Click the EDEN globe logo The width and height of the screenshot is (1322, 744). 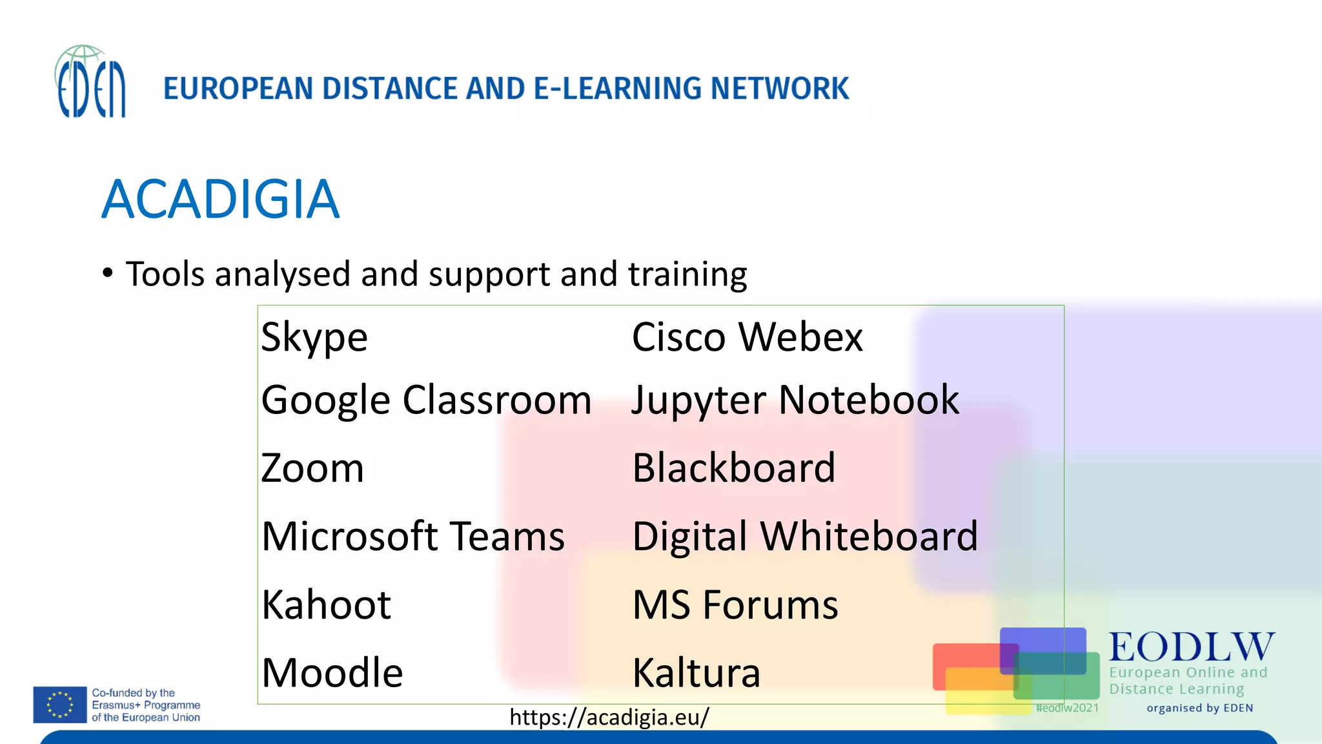[90, 81]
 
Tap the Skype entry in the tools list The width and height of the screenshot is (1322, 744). [314, 337]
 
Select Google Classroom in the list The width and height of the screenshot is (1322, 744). [426, 400]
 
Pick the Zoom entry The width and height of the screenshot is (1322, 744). [312, 468]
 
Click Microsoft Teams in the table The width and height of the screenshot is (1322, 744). [413, 536]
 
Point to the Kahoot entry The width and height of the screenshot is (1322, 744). [326, 604]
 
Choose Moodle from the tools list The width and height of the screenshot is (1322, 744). [332, 673]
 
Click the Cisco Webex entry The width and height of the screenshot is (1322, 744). [747, 337]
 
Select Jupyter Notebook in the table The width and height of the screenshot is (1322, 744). [795, 400]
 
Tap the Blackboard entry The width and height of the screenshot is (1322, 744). [733, 468]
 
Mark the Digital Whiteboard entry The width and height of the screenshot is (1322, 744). [804, 536]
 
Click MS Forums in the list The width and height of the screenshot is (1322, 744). [735, 604]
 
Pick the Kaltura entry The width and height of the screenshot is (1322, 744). [696, 673]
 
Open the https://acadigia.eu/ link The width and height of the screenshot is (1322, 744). [609, 717]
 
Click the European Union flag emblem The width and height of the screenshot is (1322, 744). [60, 705]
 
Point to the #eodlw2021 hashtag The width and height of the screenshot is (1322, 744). [1066, 708]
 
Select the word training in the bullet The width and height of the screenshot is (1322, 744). [687, 274]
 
